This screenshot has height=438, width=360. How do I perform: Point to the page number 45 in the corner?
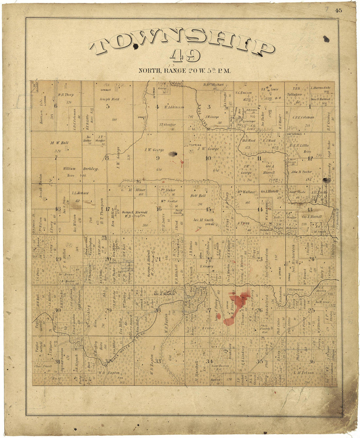[x=338, y=10]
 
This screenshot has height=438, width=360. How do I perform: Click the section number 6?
[x=56, y=105]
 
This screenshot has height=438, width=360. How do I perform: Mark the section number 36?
[x=311, y=362]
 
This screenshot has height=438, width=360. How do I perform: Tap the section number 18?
[x=58, y=209]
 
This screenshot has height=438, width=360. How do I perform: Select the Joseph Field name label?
[x=110, y=99]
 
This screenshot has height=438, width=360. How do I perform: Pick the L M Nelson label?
[x=304, y=372]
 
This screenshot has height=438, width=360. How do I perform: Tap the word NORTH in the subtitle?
[x=149, y=70]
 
